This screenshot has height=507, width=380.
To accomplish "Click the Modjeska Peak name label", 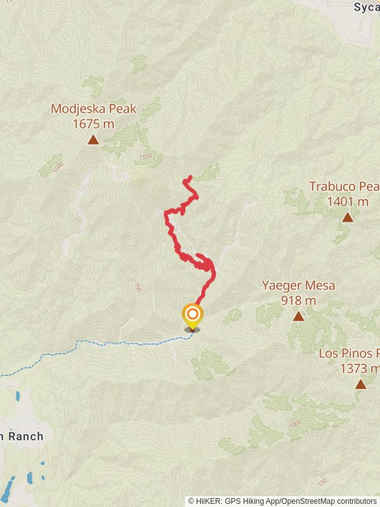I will point(93,108).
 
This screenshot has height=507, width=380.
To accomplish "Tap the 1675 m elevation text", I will point(93,124).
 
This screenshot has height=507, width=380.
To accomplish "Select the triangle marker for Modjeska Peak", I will point(93,140).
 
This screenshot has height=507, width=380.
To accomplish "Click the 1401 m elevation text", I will point(348,202).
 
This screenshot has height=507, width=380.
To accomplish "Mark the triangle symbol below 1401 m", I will point(347,217).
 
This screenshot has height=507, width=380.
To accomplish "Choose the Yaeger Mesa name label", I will point(298,285).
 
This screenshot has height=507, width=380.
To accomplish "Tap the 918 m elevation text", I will point(298,300).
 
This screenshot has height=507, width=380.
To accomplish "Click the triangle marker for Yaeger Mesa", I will point(298,316).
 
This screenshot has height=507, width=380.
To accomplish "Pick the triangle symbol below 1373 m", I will point(360,384).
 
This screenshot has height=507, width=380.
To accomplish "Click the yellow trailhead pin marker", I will point(192,316).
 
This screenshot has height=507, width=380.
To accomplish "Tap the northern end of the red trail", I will point(189,177).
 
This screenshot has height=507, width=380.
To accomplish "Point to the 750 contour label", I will point(137,287).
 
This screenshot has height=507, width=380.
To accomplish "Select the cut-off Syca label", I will point(366,8).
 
